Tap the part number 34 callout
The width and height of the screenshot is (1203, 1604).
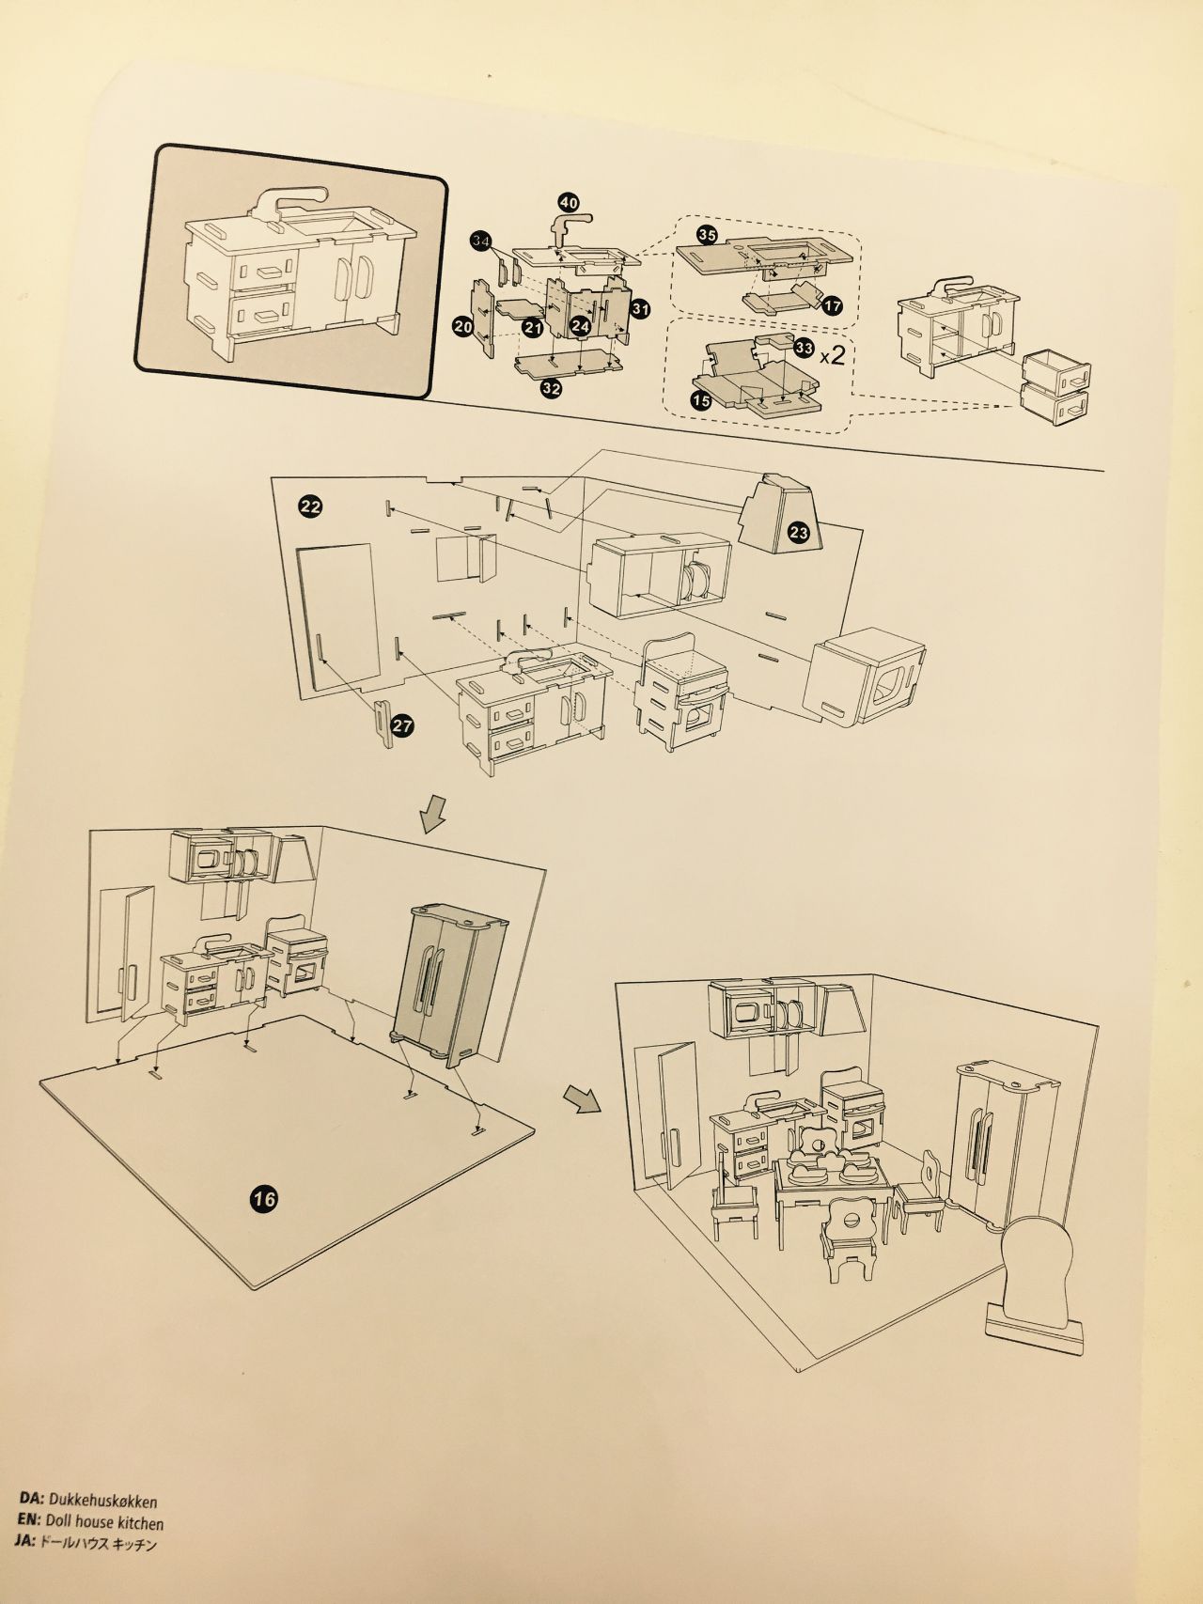(x=481, y=242)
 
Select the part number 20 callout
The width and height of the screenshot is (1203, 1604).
(x=462, y=326)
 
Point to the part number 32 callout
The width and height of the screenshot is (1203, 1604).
(x=552, y=387)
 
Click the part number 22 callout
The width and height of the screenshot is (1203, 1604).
(x=311, y=507)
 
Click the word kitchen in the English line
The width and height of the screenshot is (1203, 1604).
(x=139, y=1524)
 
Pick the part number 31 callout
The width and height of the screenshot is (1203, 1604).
(x=641, y=308)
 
